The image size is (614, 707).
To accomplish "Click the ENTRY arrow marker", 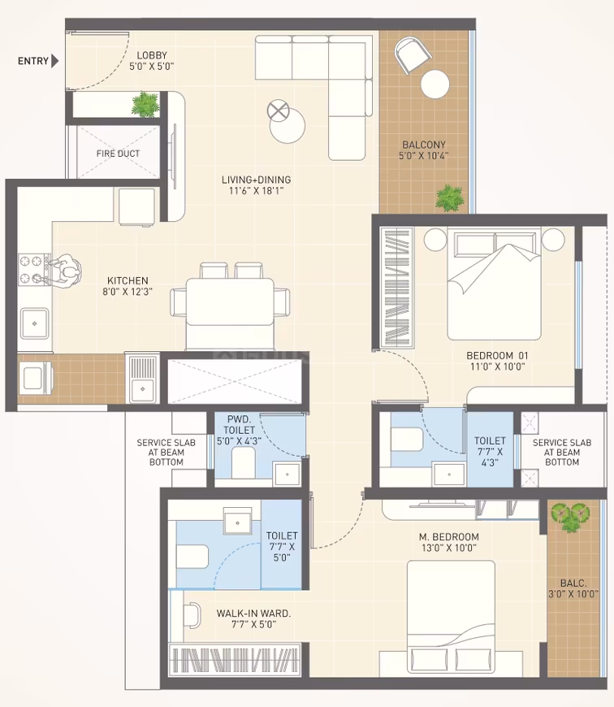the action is [55, 60].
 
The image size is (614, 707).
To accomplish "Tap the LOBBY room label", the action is [152, 55].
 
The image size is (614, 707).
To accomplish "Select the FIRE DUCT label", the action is [118, 154].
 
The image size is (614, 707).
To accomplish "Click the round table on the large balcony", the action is [435, 84].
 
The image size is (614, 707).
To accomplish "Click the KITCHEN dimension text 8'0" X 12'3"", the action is [128, 292].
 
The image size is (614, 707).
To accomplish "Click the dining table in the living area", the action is [230, 301].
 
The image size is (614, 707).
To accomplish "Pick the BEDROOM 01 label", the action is [497, 355].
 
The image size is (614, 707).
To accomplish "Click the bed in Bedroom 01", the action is [494, 284].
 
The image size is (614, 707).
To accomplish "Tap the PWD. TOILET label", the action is [239, 425].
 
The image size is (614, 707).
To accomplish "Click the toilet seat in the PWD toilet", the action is [244, 463].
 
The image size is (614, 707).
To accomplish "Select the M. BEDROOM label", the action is [448, 536].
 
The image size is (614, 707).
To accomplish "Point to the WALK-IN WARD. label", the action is [253, 614].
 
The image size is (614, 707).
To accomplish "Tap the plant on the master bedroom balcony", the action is [570, 517].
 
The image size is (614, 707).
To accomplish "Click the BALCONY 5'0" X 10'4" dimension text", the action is [423, 156].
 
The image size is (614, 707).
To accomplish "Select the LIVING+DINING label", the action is [257, 180].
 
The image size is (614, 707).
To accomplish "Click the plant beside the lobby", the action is [145, 105].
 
